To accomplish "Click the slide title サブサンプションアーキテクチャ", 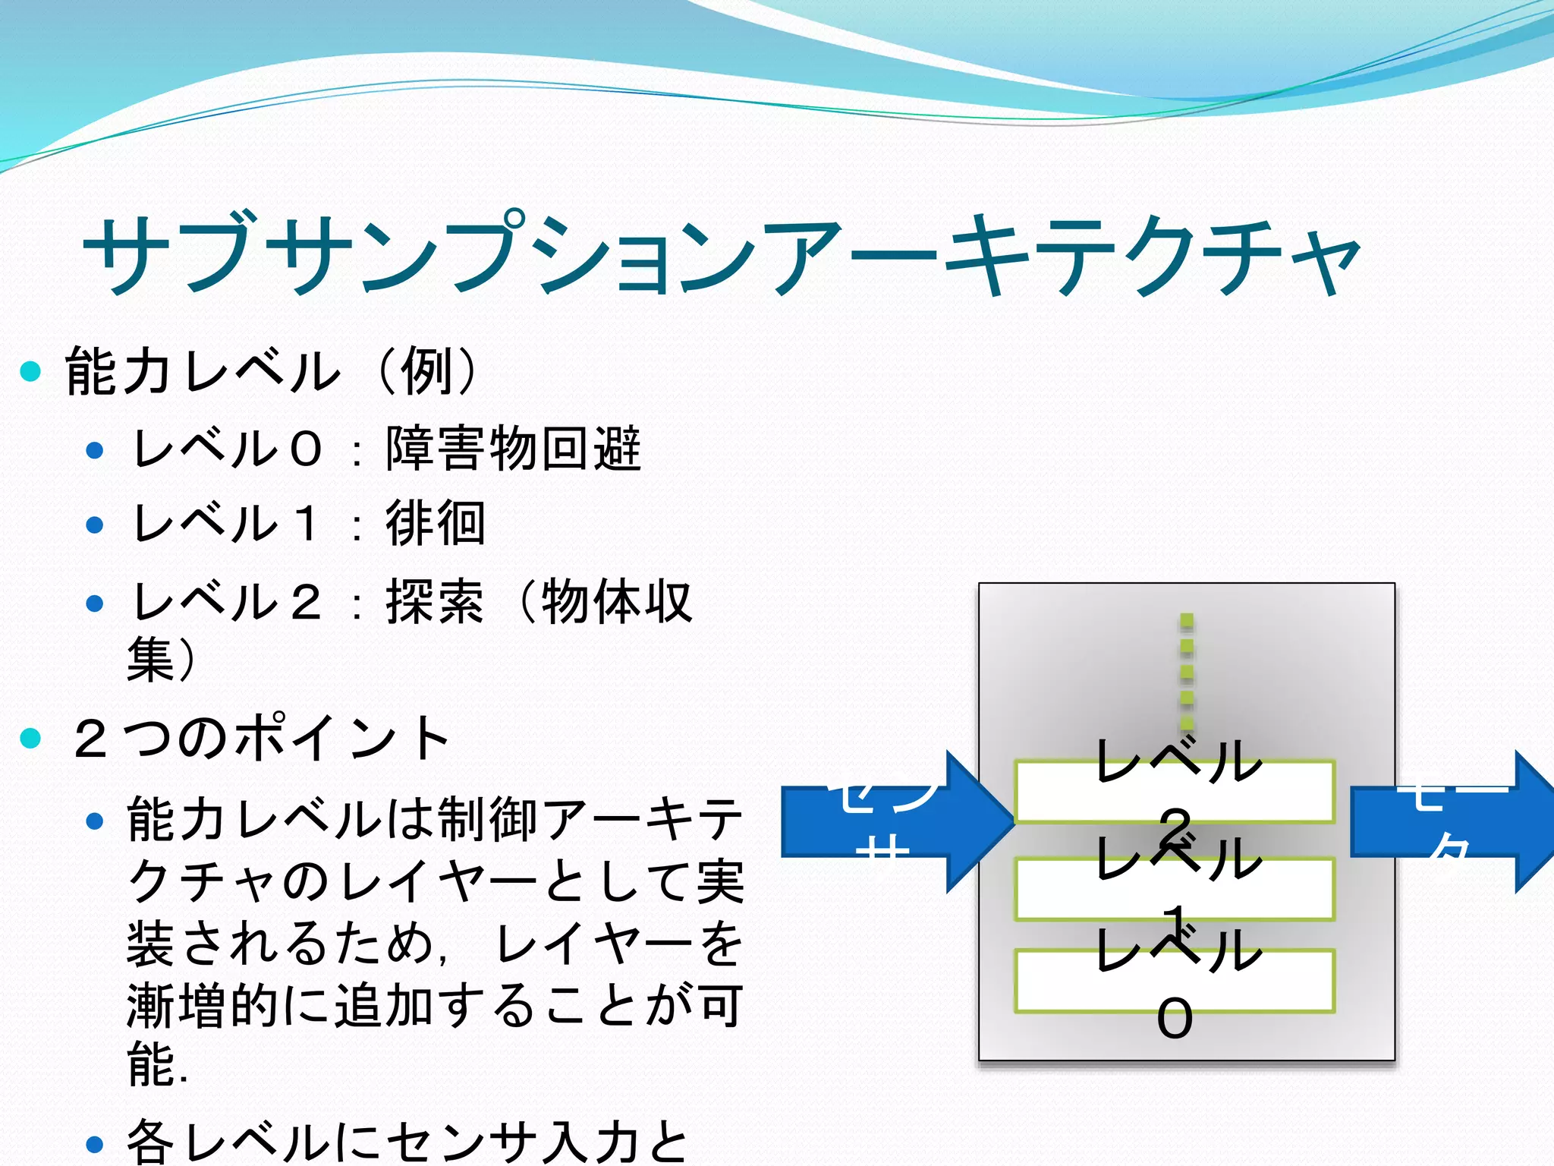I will (721, 254).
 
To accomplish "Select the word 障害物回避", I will (514, 448).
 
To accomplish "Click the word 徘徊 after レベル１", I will (436, 523).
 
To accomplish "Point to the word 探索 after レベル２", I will (435, 602).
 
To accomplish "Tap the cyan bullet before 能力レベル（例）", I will (30, 371).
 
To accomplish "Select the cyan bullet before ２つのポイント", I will (30, 738).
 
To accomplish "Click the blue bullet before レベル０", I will (95, 450).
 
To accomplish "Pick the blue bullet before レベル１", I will (95, 525).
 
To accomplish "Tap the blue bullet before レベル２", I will (95, 603).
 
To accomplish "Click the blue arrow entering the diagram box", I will (895, 821).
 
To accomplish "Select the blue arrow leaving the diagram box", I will (1449, 821).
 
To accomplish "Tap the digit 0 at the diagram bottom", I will (1175, 1019).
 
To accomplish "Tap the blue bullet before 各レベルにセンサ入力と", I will (95, 1143).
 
